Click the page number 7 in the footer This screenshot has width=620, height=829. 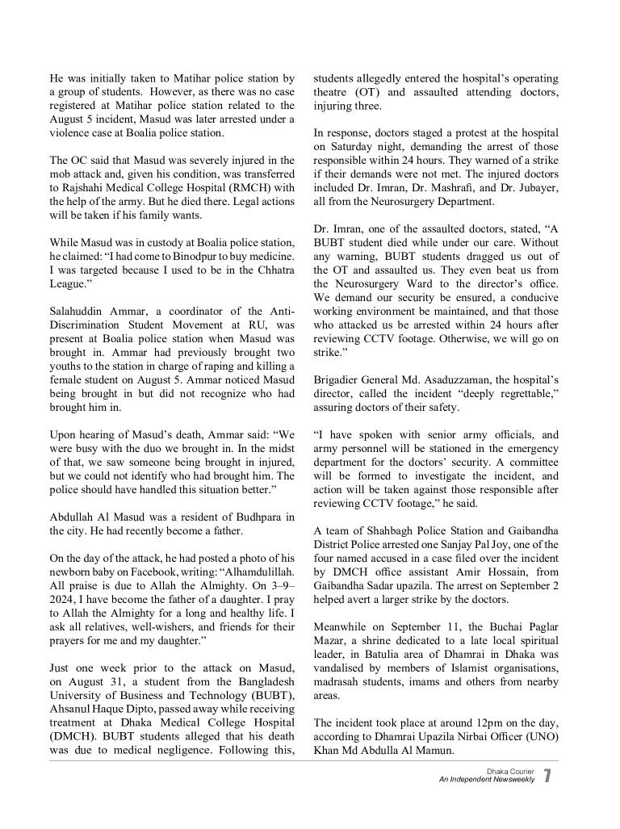[547, 776]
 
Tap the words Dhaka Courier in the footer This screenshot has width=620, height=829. [510, 772]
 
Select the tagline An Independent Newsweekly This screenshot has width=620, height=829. [487, 781]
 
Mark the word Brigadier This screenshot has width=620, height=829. [341, 380]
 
